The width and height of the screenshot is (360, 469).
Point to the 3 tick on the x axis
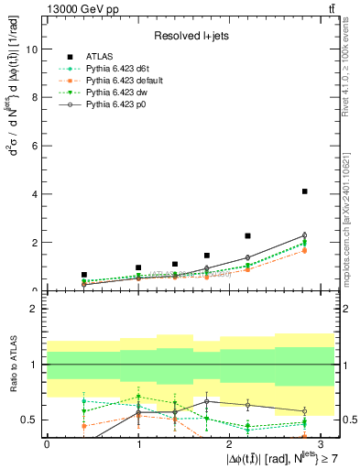321,442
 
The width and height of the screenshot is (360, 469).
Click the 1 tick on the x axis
137,442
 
